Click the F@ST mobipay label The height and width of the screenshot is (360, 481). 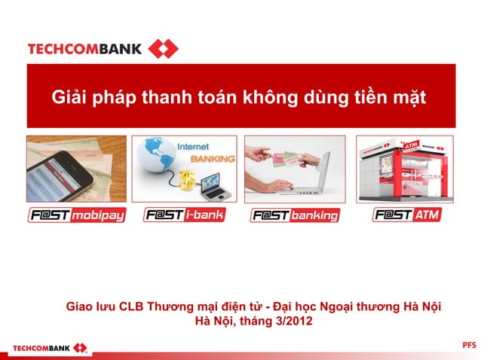[77, 215]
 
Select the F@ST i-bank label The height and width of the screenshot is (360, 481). [184, 215]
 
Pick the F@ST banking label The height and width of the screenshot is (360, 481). [295, 215]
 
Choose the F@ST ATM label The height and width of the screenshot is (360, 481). [406, 215]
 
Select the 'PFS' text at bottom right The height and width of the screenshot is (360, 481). [469, 345]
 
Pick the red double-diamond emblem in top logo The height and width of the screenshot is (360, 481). [163, 50]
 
